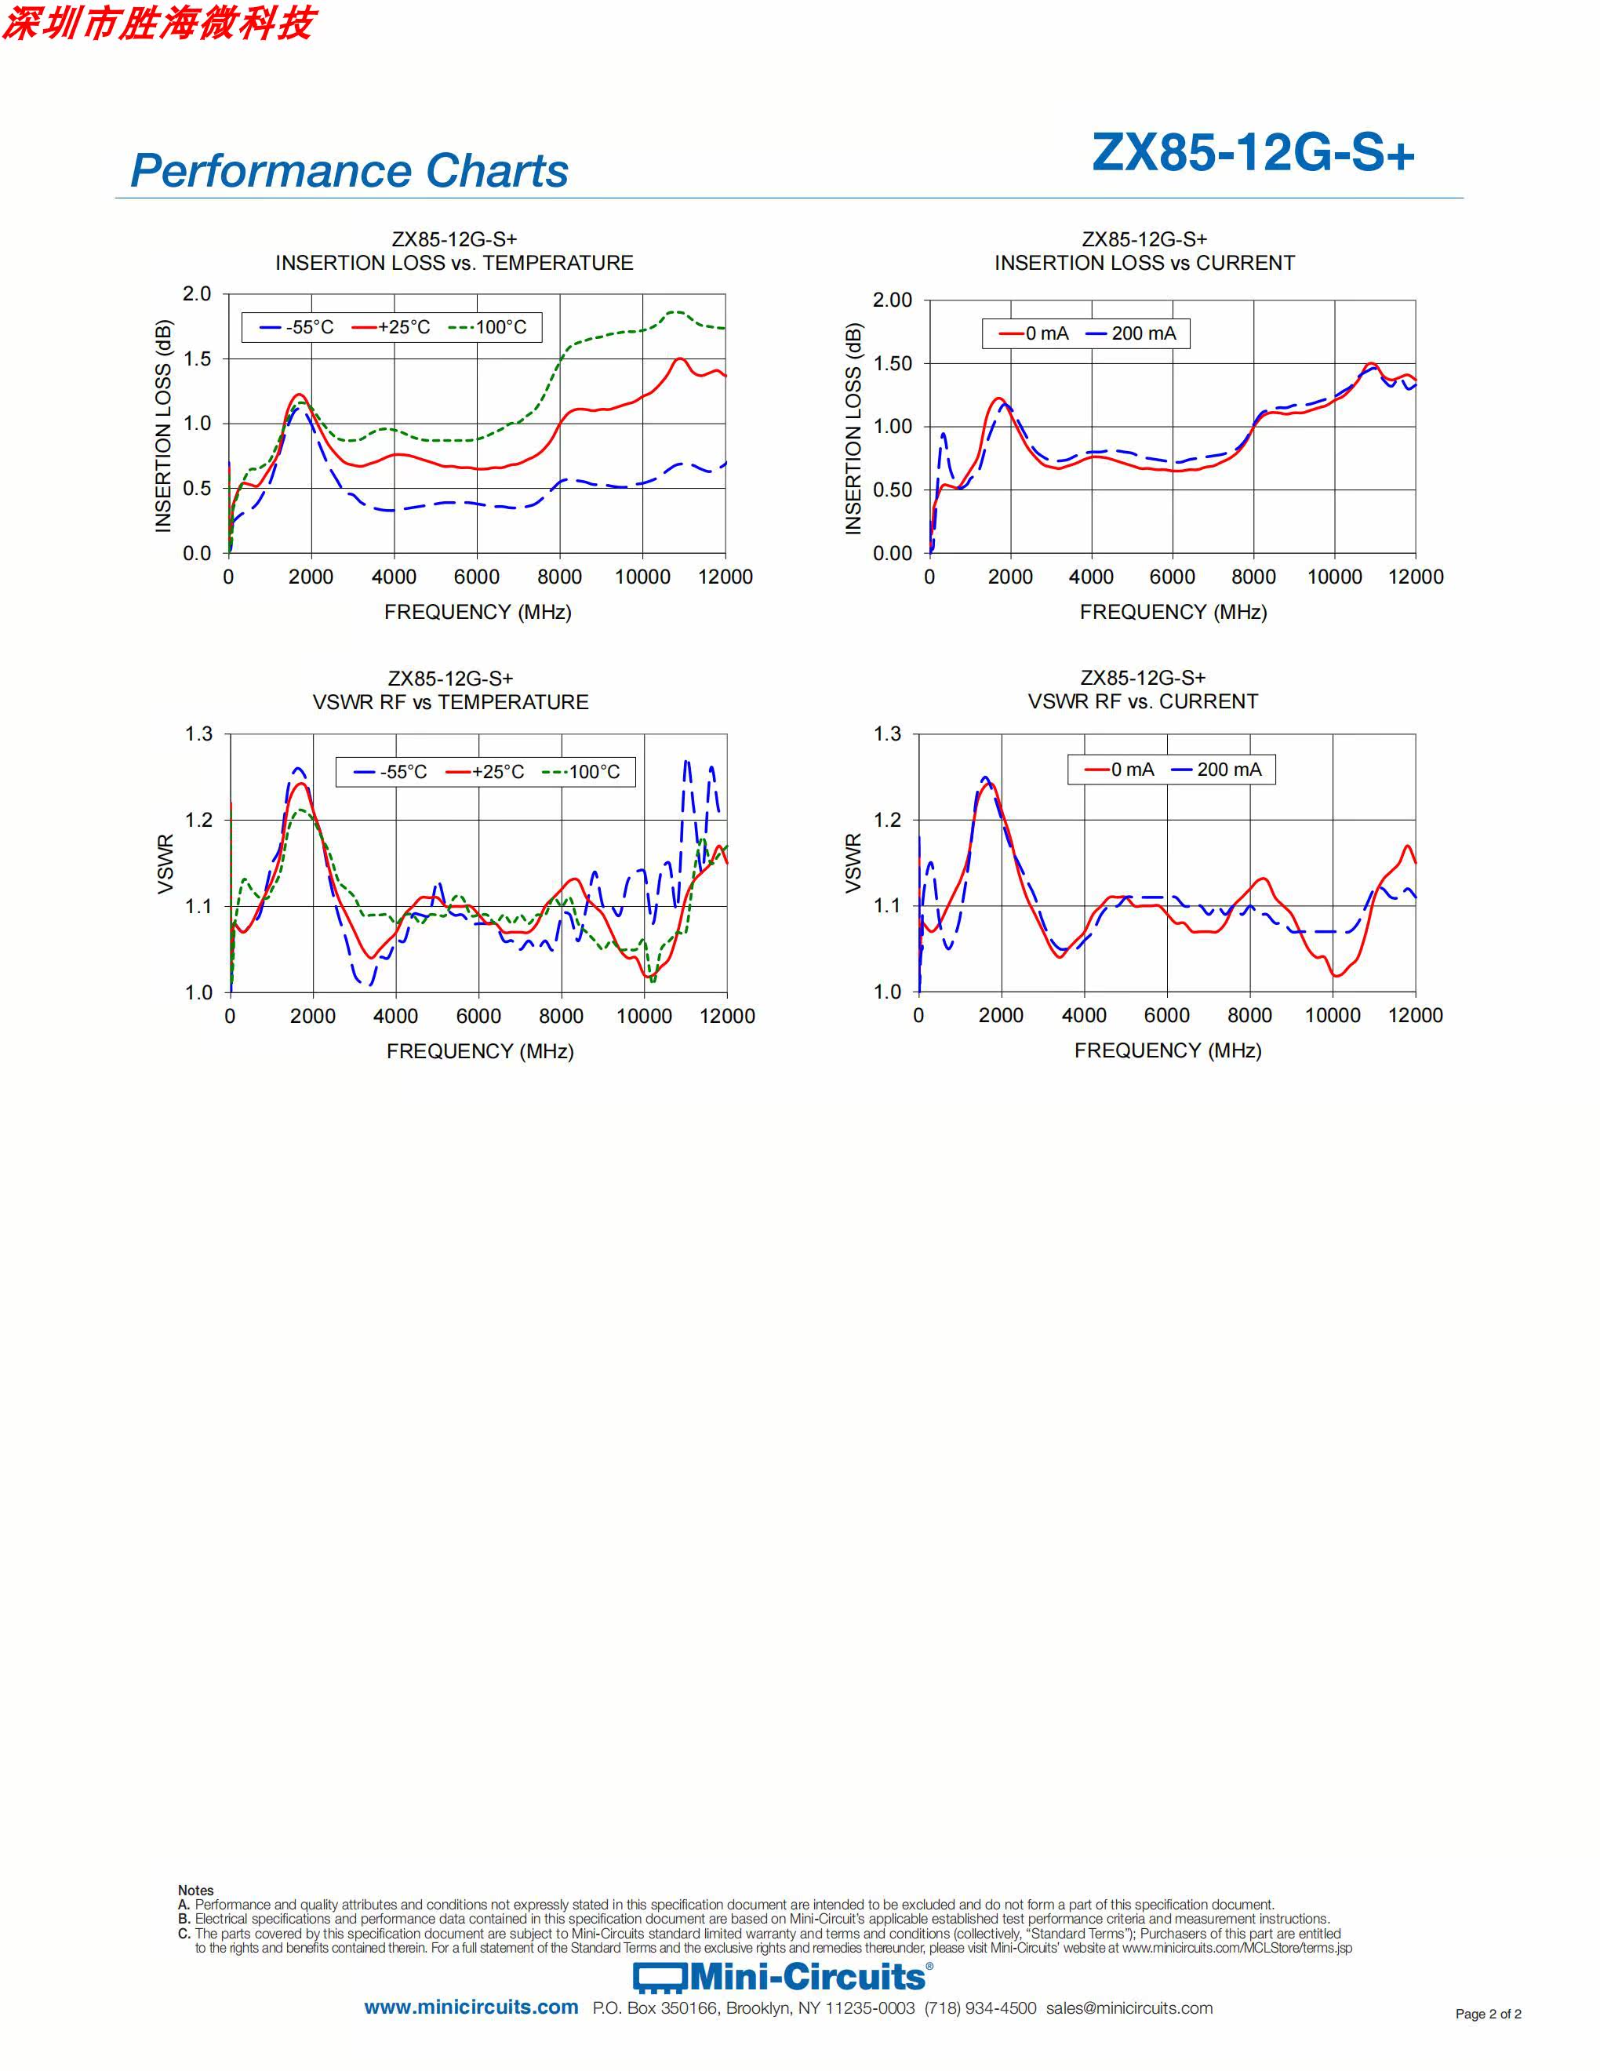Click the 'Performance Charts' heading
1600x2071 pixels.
[x=349, y=171]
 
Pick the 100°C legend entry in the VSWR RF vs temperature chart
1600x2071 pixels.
[x=582, y=772]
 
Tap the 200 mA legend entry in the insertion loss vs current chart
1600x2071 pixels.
[x=1132, y=333]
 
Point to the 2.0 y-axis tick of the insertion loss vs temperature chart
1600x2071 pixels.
[x=197, y=294]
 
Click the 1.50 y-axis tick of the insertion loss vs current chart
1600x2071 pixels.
[x=892, y=363]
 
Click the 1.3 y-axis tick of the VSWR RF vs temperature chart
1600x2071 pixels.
[x=199, y=734]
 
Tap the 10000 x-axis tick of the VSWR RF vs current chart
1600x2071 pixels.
[x=1333, y=1016]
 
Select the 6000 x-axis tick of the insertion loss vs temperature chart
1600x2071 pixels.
[x=477, y=577]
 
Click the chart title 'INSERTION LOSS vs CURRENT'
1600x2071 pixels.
[x=1144, y=263]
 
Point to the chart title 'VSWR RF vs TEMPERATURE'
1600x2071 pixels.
[x=450, y=702]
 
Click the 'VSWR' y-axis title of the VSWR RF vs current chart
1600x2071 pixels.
[x=853, y=863]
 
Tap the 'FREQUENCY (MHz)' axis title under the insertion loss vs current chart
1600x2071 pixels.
[x=1173, y=612]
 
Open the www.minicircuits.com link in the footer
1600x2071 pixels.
[x=471, y=2007]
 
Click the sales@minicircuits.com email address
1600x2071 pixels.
[x=1129, y=2008]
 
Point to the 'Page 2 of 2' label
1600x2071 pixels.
[x=1488, y=2014]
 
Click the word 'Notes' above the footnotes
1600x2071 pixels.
[x=196, y=1890]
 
